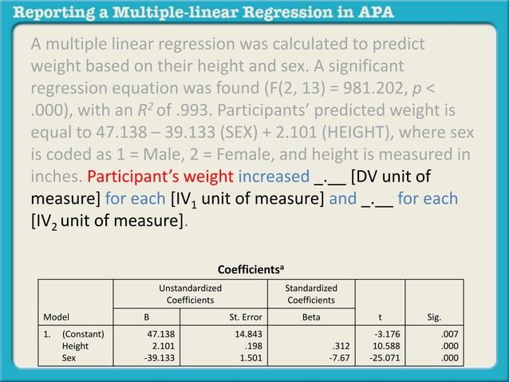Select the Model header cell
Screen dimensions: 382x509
[x=57, y=316]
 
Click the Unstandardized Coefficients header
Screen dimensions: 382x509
[x=188, y=293]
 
